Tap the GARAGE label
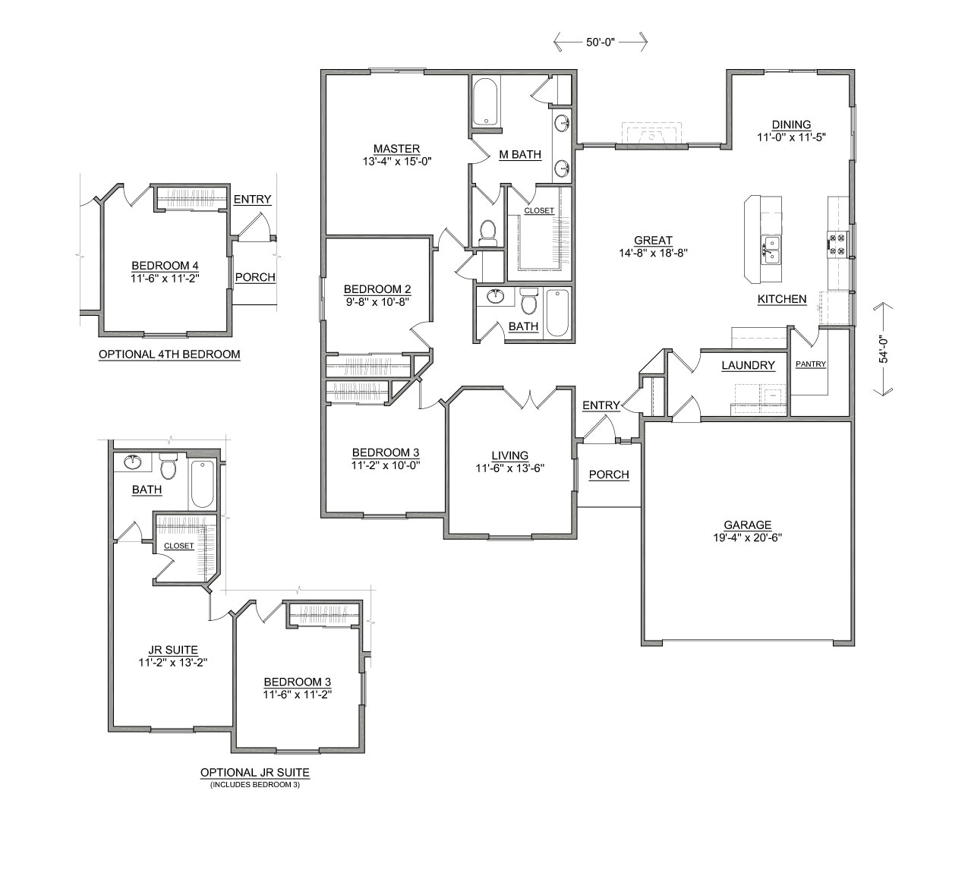pyautogui.click(x=747, y=525)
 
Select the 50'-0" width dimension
pyautogui.click(x=600, y=43)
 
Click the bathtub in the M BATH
pyautogui.click(x=486, y=105)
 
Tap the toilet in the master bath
pyautogui.click(x=488, y=232)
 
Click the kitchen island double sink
pyautogui.click(x=771, y=247)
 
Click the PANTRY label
pyautogui.click(x=810, y=364)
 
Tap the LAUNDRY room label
pyautogui.click(x=748, y=365)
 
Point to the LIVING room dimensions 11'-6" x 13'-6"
pyautogui.click(x=509, y=468)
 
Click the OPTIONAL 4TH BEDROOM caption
pyautogui.click(x=169, y=354)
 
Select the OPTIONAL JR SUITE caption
pyautogui.click(x=255, y=773)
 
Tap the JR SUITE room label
pyautogui.click(x=173, y=650)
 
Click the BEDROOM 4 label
pyautogui.click(x=165, y=266)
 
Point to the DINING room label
pyautogui.click(x=791, y=124)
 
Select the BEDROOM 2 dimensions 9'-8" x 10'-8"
pyautogui.click(x=377, y=301)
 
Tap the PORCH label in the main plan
pyautogui.click(x=609, y=474)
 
